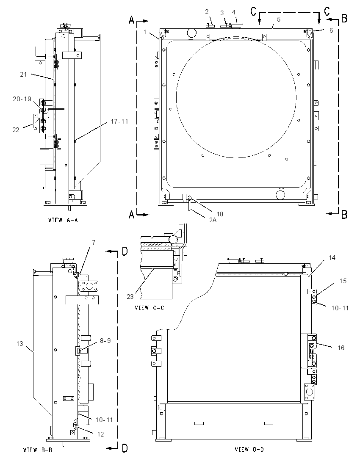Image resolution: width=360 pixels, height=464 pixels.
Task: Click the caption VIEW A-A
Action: pos(63,220)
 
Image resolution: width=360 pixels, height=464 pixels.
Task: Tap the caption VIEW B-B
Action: pos(38,450)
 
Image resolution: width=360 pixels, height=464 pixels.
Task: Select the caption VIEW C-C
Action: pos(149,308)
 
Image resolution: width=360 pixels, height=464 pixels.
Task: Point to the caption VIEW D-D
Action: pos(249,450)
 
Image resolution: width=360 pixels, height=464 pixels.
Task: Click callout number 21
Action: pos(23,75)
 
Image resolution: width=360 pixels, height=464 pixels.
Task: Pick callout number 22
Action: pos(16,130)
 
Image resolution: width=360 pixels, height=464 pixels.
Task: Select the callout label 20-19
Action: pos(22,99)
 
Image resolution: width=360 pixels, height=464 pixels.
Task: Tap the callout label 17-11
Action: pos(119,122)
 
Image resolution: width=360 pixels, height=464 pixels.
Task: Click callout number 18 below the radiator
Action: pos(220,214)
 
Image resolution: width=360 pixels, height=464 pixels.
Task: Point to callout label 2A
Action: pos(213,220)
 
